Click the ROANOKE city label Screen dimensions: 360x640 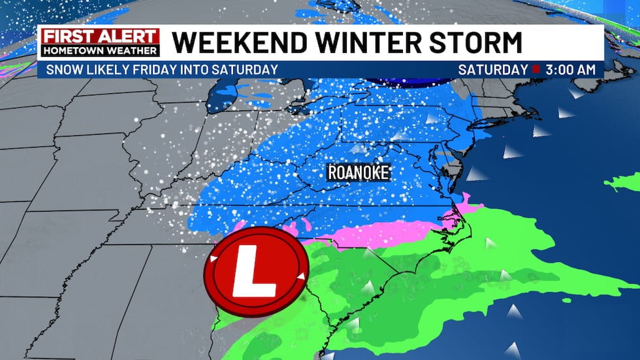(x=359, y=172)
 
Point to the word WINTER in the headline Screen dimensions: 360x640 (x=363, y=43)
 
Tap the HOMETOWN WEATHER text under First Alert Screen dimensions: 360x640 (x=100, y=50)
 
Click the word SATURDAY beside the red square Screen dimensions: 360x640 (x=492, y=69)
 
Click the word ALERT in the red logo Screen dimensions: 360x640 (x=127, y=37)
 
